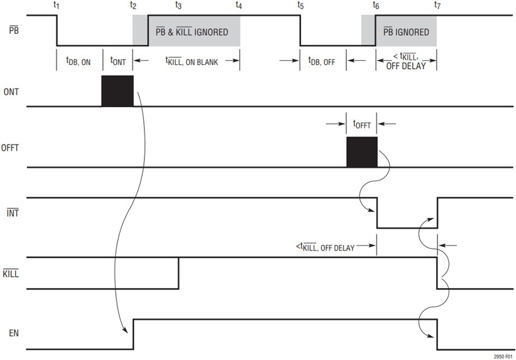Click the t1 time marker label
tap(56, 6)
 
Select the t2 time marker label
tap(133, 6)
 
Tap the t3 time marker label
tap(178, 6)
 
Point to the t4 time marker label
tap(239, 6)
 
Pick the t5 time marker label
tap(300, 6)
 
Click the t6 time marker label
tap(376, 6)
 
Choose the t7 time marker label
tap(437, 6)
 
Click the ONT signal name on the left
tap(11, 92)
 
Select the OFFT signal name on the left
tap(10, 148)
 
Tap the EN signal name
tap(14, 334)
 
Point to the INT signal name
tap(13, 213)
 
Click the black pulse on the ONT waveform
tap(118, 91)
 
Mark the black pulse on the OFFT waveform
tap(362, 152)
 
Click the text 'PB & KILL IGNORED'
tap(192, 32)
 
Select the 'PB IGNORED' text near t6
tap(406, 32)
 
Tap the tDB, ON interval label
tap(79, 61)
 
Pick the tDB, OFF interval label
tap(322, 61)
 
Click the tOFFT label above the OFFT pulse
tap(362, 124)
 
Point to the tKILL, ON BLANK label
tap(191, 61)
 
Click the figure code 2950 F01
tap(503, 357)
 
